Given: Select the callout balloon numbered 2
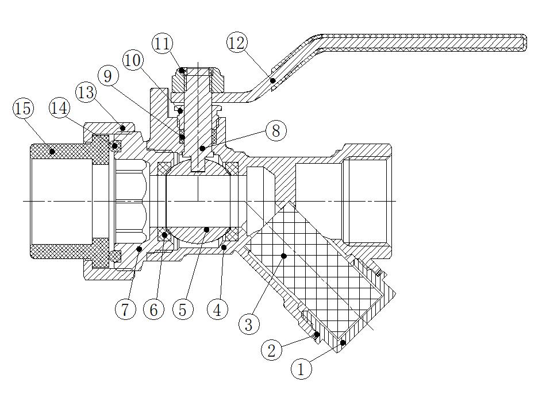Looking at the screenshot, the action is point(272,349).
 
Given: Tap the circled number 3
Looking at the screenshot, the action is point(248,325).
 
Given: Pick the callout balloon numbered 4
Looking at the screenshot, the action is point(217,310).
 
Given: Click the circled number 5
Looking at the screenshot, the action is point(182,310).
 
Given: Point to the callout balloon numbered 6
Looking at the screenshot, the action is point(153,310).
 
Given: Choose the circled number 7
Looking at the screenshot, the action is point(125,310).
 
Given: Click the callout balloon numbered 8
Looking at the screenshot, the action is point(276,130).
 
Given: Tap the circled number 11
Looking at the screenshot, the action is point(163,43).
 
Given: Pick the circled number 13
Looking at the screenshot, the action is point(86,92).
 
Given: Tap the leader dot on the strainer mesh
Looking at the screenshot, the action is point(282,255).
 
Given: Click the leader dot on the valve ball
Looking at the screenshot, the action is point(206,230).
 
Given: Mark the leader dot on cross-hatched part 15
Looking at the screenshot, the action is point(52,152).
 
